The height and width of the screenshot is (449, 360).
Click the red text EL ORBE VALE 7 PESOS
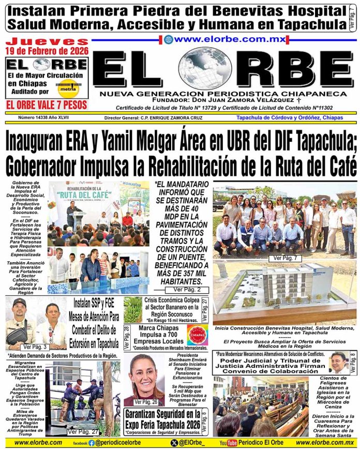[46, 104]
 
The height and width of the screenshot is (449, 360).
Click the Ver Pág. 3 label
[35, 347]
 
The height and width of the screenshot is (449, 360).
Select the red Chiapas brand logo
[197, 335]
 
